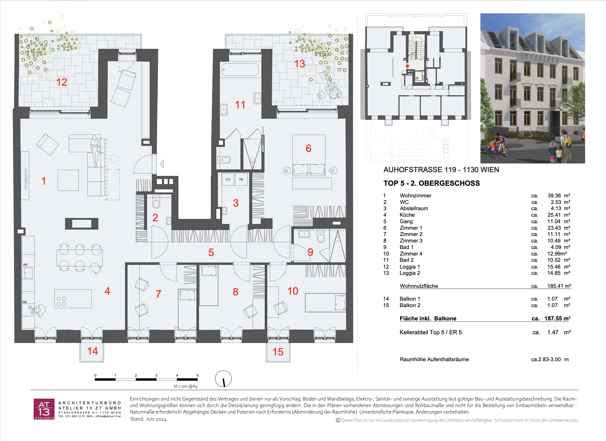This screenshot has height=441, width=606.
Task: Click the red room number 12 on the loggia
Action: [x=62, y=82]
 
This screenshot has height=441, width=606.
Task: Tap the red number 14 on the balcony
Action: [x=93, y=351]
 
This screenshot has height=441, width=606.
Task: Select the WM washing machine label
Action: [x=228, y=179]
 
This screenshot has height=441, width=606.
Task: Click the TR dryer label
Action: [x=241, y=179]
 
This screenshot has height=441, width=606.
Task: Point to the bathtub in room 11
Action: [x=240, y=70]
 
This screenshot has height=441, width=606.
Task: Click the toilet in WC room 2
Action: [x=156, y=202]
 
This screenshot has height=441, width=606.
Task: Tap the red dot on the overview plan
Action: [x=407, y=66]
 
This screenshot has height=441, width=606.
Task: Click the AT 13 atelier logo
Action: [x=44, y=409]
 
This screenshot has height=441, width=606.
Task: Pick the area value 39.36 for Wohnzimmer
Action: [x=554, y=196]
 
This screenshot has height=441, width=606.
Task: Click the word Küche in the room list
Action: [x=407, y=215]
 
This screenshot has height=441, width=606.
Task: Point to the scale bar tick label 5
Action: [x=197, y=376]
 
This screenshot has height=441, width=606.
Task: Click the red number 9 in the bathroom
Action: [x=310, y=252]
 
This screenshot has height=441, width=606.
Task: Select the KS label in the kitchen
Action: [x=25, y=264]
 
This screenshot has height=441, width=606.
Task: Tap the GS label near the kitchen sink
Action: [x=25, y=302]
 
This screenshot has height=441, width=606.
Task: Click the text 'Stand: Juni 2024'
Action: [x=148, y=419]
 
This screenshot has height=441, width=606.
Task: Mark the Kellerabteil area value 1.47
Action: [x=553, y=332]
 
